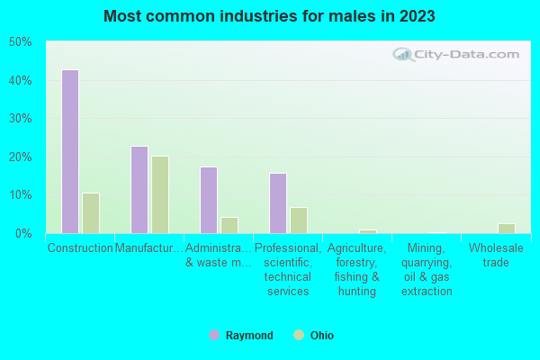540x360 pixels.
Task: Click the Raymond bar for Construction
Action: (x=69, y=151)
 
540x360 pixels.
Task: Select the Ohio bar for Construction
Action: (x=90, y=213)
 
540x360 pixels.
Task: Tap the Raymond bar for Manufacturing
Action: (x=139, y=190)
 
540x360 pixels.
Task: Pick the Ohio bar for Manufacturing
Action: (x=159, y=194)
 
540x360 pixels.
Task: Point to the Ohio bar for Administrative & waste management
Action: (x=229, y=225)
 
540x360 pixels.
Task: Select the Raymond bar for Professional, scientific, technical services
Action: (x=277, y=203)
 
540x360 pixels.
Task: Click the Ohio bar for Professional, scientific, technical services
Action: (x=298, y=220)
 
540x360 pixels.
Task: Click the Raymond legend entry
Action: (x=241, y=336)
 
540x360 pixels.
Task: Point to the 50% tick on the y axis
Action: (x=20, y=42)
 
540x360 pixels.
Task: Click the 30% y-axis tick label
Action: (x=20, y=119)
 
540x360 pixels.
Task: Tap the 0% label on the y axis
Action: (x=22, y=233)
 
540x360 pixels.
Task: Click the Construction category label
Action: (x=80, y=247)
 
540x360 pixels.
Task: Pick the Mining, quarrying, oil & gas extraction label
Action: (x=427, y=269)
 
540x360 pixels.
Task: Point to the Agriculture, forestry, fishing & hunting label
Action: (x=357, y=269)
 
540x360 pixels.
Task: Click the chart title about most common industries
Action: (x=270, y=16)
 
